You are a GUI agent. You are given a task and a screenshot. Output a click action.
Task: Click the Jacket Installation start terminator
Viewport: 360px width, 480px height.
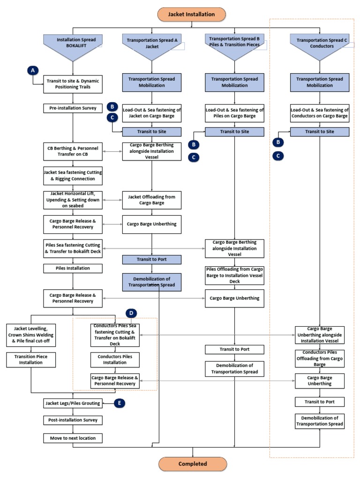coord(193,14)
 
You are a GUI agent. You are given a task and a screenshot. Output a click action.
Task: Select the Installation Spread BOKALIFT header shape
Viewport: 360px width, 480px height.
coord(73,44)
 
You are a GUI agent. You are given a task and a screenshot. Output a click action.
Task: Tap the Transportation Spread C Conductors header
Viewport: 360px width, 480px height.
coord(320,44)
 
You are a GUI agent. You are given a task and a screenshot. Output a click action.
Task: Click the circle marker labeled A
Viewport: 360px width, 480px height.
coord(32,70)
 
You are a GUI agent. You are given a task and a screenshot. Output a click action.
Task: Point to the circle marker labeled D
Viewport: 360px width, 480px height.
coord(131,312)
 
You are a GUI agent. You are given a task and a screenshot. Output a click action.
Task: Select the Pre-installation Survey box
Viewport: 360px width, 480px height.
coord(73,108)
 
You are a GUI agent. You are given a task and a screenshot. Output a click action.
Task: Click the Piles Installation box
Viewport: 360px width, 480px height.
coord(73,268)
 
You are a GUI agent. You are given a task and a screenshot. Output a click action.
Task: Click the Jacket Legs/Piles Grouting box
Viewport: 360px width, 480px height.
coord(73,402)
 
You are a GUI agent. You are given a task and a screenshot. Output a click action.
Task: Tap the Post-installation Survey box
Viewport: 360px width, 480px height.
coord(73,420)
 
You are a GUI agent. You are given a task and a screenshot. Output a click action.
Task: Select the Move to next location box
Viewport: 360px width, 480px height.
coord(73,438)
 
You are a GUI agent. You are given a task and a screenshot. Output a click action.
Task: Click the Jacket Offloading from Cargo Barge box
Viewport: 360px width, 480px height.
coord(151,200)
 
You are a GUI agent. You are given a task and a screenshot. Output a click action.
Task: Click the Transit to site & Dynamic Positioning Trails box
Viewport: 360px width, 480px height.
coord(73,84)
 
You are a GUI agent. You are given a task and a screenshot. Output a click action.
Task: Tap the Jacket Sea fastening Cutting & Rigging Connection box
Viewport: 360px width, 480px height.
coord(73,175)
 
